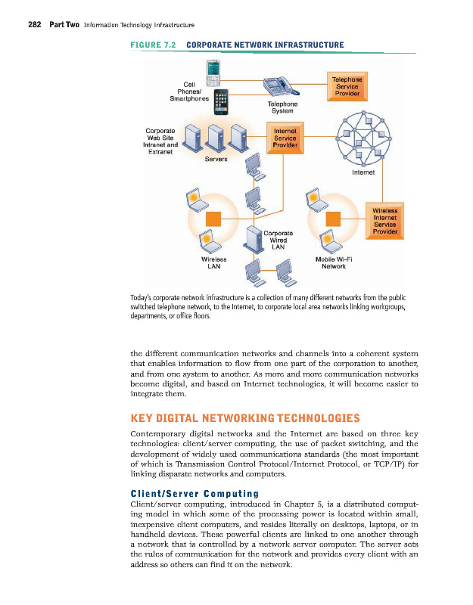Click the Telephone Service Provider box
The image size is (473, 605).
tap(347, 86)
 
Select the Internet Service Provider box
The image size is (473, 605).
tap(285, 137)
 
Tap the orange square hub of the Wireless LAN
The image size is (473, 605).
tap(214, 219)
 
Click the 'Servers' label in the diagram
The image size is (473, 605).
tap(216, 159)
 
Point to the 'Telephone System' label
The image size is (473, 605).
tap(282, 107)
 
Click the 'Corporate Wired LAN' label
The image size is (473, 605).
tap(279, 239)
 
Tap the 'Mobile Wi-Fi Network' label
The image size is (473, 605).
tap(334, 262)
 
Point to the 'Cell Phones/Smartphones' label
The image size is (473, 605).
tap(189, 91)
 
